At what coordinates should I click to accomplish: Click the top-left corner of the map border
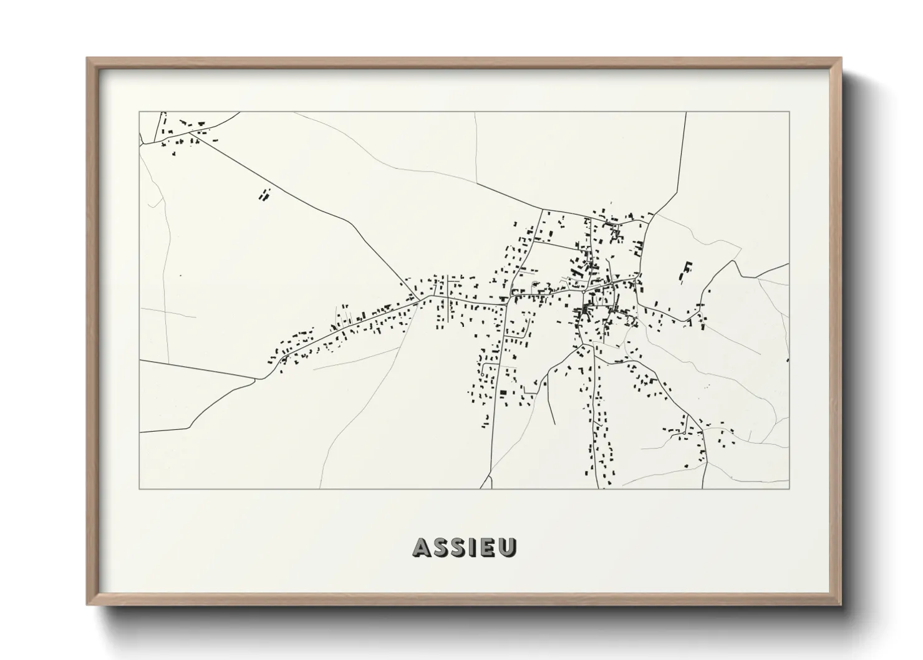139,112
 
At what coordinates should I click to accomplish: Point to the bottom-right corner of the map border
789,488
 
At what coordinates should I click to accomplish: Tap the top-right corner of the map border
789,112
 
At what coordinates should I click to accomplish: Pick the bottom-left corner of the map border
139,488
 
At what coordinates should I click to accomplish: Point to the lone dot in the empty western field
180,275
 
